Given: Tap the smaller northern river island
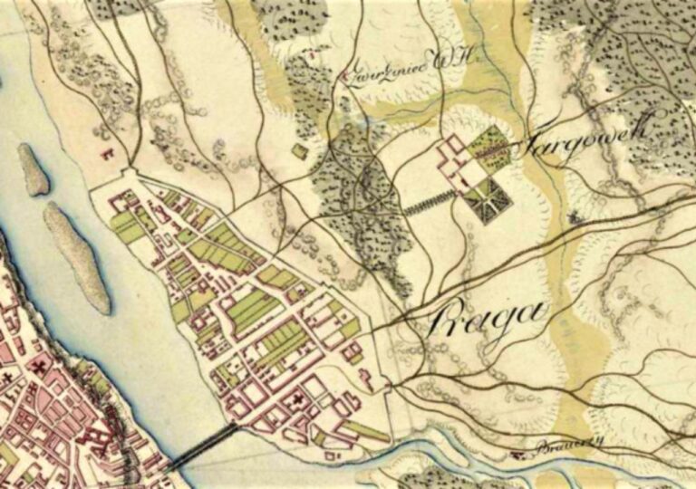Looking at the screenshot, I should pos(34,169).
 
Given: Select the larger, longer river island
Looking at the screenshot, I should pos(78,256).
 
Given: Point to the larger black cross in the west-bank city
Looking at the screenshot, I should pos(40,367).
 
